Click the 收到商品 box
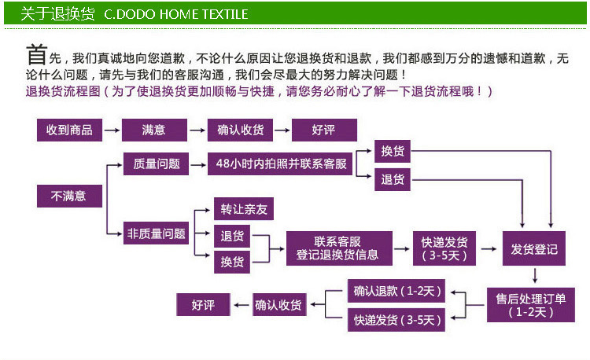[x=69, y=130]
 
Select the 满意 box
[x=153, y=130]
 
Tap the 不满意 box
[x=68, y=196]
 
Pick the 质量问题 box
[x=157, y=163]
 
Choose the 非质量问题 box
[x=157, y=233]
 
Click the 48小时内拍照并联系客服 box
[x=281, y=163]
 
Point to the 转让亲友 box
[x=244, y=209]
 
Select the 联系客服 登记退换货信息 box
[x=337, y=248]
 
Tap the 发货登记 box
[x=533, y=249]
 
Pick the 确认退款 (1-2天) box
[x=396, y=292]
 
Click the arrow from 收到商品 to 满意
[x=110, y=130]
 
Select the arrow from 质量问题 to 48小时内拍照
[x=197, y=163]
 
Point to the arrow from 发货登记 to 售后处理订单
[x=535, y=275]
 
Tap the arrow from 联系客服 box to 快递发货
[x=403, y=248]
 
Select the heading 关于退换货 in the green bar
[x=57, y=14]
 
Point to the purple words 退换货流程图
[x=63, y=91]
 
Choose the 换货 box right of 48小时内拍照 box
[x=393, y=152]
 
